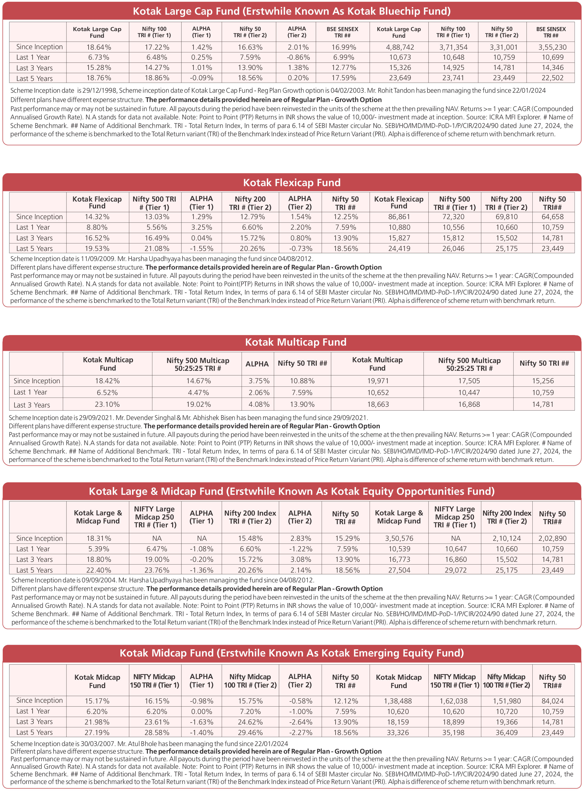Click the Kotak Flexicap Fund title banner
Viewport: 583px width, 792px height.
coord(291,182)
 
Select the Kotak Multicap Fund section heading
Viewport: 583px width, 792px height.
coord(295,342)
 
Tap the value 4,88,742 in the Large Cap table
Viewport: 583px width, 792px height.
coord(400,47)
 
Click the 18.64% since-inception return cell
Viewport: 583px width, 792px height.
coord(99,47)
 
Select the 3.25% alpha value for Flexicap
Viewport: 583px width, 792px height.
coord(202,227)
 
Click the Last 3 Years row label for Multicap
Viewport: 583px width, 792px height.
coord(32,405)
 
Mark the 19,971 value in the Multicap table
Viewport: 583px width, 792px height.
coord(378,381)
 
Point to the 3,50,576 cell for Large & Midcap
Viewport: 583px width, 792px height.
coord(399,538)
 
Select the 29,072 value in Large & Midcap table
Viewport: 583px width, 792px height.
coord(455,570)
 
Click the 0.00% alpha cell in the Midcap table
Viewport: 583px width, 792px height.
coord(202,712)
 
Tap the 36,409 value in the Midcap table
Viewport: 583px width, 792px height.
coord(506,732)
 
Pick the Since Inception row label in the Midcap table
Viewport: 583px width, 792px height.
coord(39,700)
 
